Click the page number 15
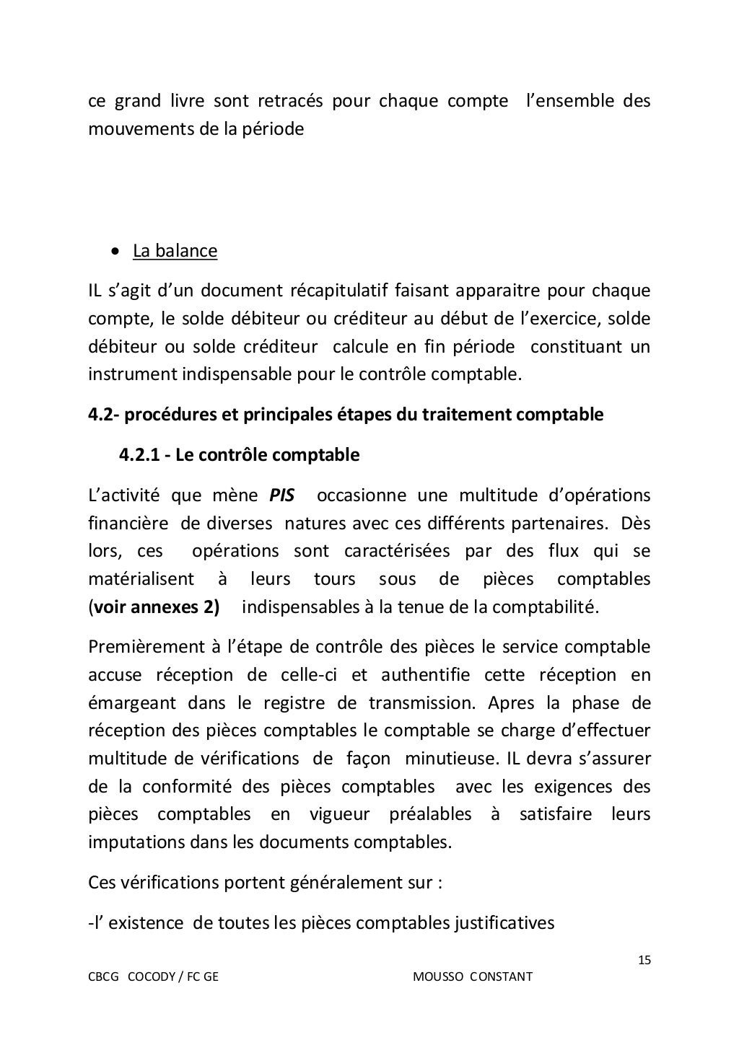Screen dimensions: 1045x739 (645, 960)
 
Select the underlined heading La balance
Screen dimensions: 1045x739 (175, 251)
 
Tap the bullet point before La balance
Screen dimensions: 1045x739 (115, 252)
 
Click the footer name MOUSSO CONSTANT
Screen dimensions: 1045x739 (473, 976)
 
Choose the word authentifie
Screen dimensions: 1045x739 (425, 675)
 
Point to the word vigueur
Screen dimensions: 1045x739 (339, 815)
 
